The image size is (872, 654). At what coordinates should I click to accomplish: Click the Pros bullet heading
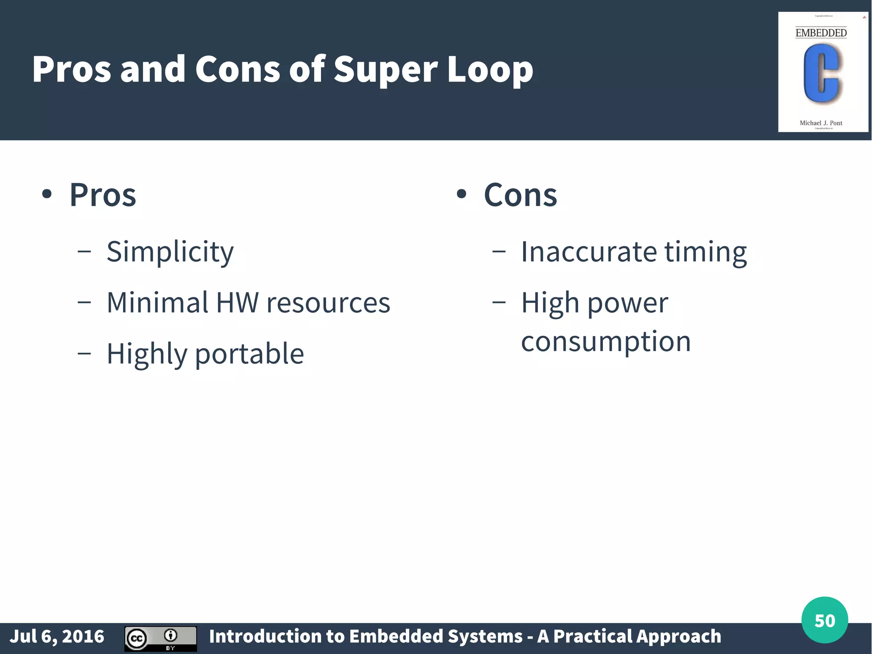click(x=103, y=195)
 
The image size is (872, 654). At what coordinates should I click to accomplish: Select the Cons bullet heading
click(x=520, y=195)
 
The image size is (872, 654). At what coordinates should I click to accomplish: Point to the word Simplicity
click(x=170, y=252)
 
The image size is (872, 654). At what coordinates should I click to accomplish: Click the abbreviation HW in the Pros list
click(x=237, y=303)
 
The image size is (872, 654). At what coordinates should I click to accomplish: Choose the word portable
click(x=250, y=354)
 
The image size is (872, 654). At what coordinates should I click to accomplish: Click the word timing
click(x=706, y=252)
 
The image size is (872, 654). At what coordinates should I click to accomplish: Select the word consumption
click(x=605, y=341)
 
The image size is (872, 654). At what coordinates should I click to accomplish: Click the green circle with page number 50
click(x=824, y=620)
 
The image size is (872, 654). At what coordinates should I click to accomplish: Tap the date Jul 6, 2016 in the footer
click(x=57, y=637)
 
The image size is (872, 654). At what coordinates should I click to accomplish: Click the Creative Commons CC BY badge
click(x=161, y=638)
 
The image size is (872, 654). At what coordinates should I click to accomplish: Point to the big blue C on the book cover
click(x=821, y=74)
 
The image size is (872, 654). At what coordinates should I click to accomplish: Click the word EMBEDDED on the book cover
click(x=821, y=33)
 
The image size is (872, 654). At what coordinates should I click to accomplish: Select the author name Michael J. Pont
click(x=821, y=123)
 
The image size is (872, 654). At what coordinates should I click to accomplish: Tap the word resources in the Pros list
click(x=328, y=303)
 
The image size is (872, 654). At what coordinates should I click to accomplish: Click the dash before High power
click(x=499, y=303)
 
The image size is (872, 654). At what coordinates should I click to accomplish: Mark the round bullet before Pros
click(x=47, y=195)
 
